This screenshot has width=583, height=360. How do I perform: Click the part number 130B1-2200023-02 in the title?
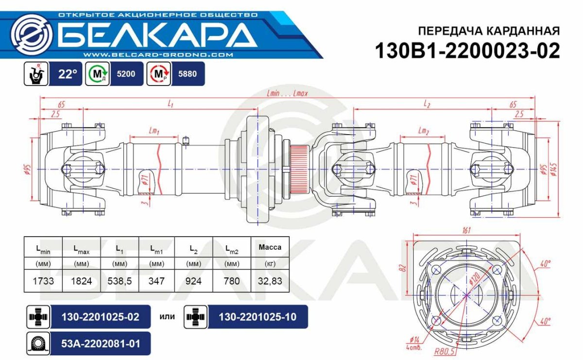[x=467, y=51]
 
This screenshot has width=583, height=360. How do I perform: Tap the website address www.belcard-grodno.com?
[x=158, y=55]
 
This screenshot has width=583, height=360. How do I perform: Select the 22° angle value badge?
[x=68, y=74]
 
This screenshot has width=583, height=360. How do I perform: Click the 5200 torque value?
[x=126, y=74]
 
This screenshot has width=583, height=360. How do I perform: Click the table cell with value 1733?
[x=43, y=281]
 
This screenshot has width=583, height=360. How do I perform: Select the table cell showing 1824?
[x=81, y=281]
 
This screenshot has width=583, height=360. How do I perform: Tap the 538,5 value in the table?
[x=120, y=281]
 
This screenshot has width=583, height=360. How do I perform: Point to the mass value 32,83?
[x=270, y=281]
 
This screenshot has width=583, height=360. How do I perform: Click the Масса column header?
[x=270, y=247]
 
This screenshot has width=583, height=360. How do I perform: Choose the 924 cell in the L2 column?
[x=194, y=281]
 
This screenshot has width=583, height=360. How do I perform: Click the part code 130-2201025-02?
[x=101, y=317]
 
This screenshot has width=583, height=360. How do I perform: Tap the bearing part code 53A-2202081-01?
[x=101, y=344]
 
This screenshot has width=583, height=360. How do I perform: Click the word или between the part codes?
[x=167, y=317]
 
